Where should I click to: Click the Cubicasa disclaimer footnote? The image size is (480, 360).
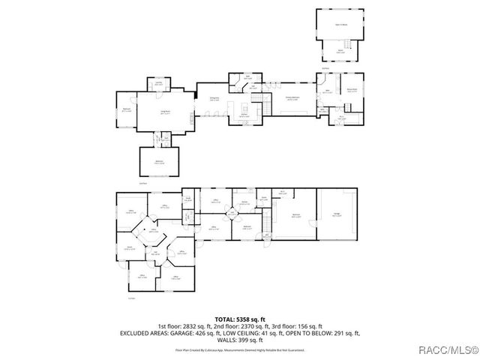[239, 349]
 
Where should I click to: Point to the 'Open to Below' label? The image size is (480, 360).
[339, 25]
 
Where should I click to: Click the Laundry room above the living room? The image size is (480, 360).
[159, 84]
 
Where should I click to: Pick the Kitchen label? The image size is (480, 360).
[244, 115]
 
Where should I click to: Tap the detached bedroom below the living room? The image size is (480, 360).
[160, 162]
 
